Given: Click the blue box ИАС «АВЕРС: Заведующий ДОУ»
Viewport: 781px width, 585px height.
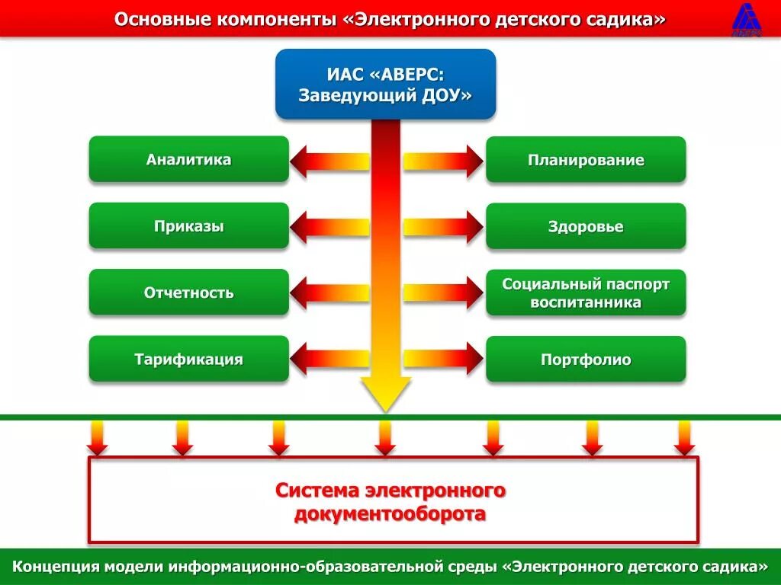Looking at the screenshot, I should (x=385, y=84).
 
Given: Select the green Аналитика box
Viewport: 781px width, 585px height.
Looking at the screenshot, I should (x=188, y=159).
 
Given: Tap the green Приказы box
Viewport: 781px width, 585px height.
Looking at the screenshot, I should (x=188, y=226).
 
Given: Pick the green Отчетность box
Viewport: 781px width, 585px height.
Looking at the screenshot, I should (x=188, y=292).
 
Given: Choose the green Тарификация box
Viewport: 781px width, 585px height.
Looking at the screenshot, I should (x=188, y=359).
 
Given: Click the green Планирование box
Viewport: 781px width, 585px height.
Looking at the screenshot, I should (x=586, y=160).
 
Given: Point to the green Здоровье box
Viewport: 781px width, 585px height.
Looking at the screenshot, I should (x=586, y=226).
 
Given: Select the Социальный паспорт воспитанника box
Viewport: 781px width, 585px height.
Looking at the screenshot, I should (x=586, y=292).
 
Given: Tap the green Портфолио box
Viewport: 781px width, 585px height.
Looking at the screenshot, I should (x=586, y=359).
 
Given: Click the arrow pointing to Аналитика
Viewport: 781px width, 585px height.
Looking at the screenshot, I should (x=329, y=161).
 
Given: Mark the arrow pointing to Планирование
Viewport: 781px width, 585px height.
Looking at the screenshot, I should (x=443, y=161).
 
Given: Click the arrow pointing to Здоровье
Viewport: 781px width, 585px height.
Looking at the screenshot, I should (x=443, y=226).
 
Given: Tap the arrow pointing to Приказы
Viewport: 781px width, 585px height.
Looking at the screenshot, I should (x=329, y=226).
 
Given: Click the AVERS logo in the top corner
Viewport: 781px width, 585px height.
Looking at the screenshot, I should (x=748, y=19).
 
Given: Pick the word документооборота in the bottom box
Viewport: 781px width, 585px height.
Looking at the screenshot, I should (x=390, y=514).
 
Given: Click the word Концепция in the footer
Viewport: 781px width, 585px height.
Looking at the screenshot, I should (x=55, y=567).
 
